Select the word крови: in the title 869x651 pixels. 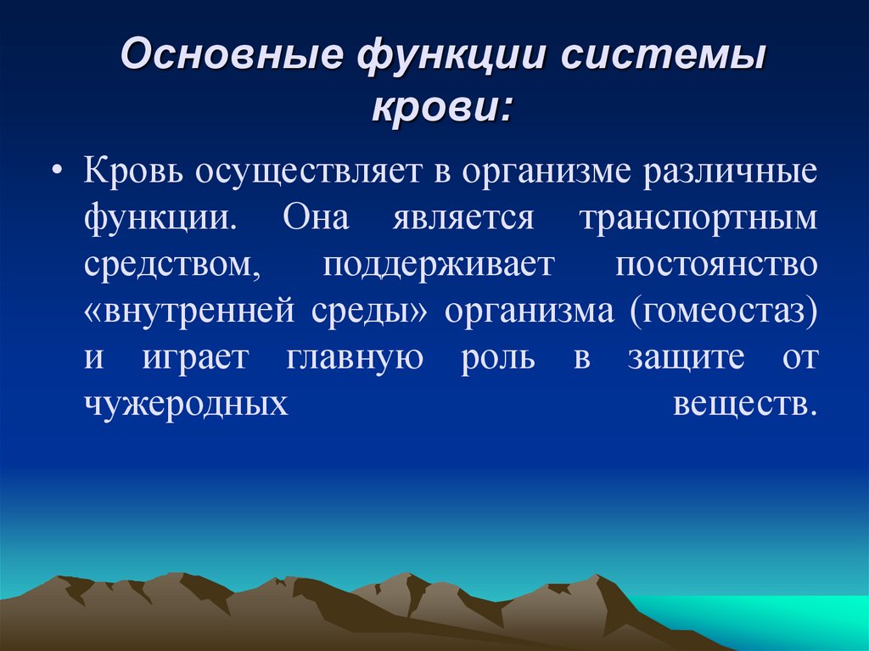point(442,109)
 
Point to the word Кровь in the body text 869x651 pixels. point(133,171)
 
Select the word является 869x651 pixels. point(463,218)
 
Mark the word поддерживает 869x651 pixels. point(438,265)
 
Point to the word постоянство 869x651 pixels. point(717,265)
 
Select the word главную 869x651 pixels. point(355,358)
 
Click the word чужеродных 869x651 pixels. point(185,405)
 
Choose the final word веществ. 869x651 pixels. point(745,405)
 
